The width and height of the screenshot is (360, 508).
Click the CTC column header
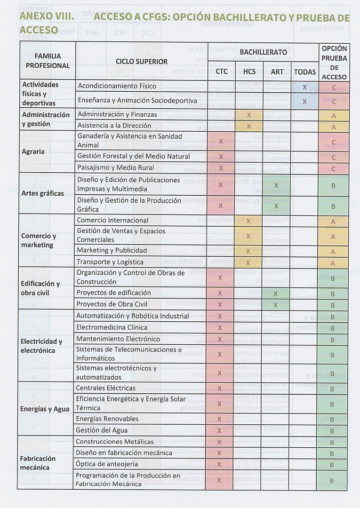coord(221,71)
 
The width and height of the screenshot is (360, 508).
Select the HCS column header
coord(249,71)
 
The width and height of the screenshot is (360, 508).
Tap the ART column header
coord(277,71)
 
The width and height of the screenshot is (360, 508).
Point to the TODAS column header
coord(304,71)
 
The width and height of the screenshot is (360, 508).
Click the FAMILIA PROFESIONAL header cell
coord(48,61)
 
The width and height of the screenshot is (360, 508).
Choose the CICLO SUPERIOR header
coord(142,62)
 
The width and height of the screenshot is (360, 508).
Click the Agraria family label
coord(33,151)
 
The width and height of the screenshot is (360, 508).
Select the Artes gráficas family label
coord(42,193)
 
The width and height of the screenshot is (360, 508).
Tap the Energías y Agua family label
coord(45,409)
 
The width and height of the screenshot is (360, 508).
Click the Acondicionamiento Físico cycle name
coord(117,86)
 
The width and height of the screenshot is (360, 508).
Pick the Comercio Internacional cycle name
coord(112,220)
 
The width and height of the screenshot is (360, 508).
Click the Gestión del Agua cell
coord(102,430)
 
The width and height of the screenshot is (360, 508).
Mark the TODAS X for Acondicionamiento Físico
coord(304,87)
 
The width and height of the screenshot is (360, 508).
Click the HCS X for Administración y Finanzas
coord(248,115)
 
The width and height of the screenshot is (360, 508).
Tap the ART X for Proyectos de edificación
coord(276,294)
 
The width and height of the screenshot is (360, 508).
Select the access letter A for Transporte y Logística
coord(333,263)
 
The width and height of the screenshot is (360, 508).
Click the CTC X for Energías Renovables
coord(219,419)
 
